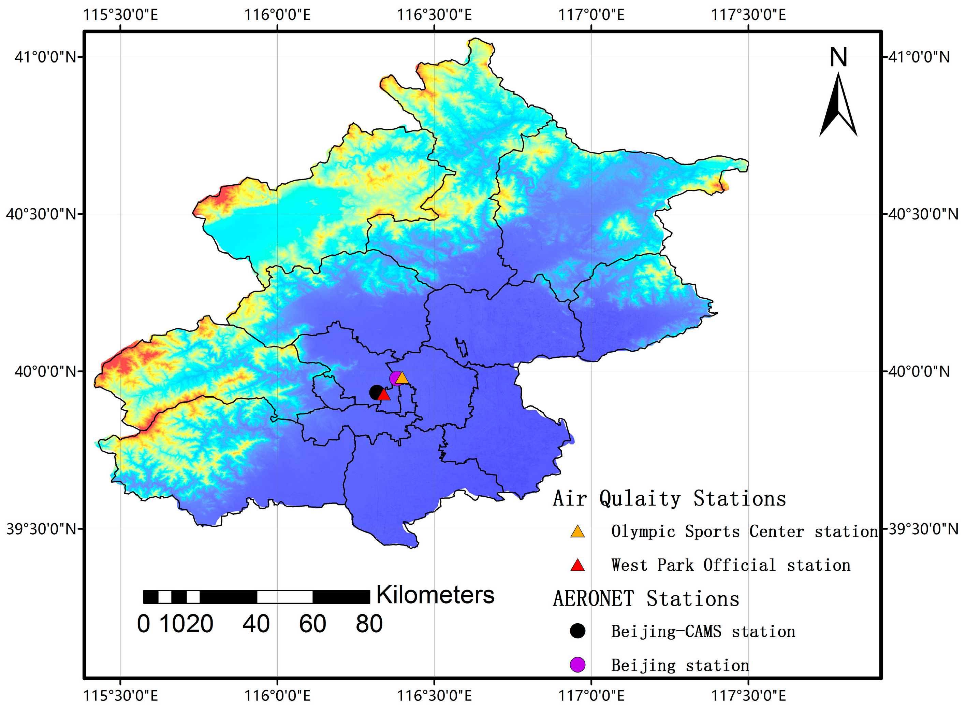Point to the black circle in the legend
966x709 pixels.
click(x=577, y=631)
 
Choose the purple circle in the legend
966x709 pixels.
click(x=577, y=664)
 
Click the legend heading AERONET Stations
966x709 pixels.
click(x=646, y=599)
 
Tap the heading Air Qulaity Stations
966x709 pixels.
click(x=669, y=499)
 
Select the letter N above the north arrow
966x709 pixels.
click(x=838, y=57)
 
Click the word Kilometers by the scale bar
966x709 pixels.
click(x=435, y=595)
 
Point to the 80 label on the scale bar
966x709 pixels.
click(x=369, y=624)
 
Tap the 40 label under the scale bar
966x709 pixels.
click(x=256, y=624)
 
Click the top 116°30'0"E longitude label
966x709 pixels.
click(x=434, y=15)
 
